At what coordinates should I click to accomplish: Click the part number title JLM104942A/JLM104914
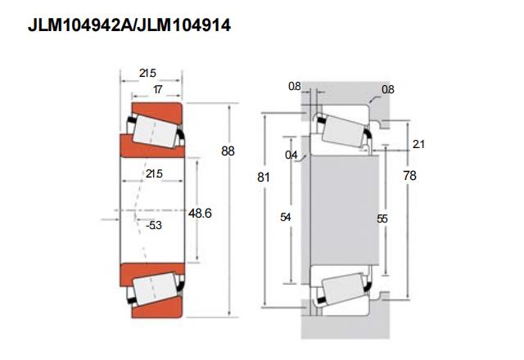click(x=129, y=25)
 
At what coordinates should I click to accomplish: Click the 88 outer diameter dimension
click(x=228, y=151)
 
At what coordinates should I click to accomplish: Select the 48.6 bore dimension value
click(x=200, y=213)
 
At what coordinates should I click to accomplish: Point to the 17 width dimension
click(x=158, y=89)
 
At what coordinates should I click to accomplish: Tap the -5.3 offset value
click(x=154, y=226)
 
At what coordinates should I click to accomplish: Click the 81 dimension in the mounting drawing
click(x=264, y=177)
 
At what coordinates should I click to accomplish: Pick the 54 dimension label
click(x=286, y=218)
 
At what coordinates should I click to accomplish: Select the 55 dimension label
click(x=382, y=218)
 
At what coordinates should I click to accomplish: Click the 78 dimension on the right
click(x=409, y=176)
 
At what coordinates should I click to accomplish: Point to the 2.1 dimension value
click(x=418, y=144)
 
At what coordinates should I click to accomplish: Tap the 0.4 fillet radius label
click(x=291, y=155)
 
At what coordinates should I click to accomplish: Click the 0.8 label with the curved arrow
click(x=387, y=89)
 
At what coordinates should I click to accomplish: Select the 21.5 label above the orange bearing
click(x=147, y=73)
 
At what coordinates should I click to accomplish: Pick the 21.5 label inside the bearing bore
click(x=154, y=174)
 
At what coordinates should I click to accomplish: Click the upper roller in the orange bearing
click(x=155, y=131)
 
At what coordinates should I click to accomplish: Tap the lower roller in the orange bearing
click(x=155, y=289)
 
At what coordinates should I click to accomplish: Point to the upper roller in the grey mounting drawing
click(x=343, y=131)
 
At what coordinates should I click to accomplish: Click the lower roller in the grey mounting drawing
click(x=343, y=290)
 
